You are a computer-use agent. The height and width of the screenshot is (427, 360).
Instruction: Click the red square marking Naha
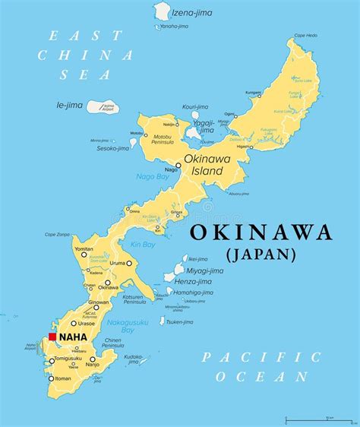pyautogui.click(x=52, y=337)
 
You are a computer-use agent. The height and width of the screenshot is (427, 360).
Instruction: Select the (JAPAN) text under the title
pyautogui.click(x=260, y=255)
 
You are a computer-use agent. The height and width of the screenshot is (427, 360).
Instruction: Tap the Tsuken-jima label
pyautogui.click(x=179, y=321)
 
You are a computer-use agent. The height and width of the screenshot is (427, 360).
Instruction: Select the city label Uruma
pyautogui.click(x=118, y=263)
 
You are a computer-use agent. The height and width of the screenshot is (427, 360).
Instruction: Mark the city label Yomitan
pyautogui.click(x=84, y=248)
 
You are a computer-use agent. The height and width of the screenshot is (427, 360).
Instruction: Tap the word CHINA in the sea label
pyautogui.click(x=86, y=55)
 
